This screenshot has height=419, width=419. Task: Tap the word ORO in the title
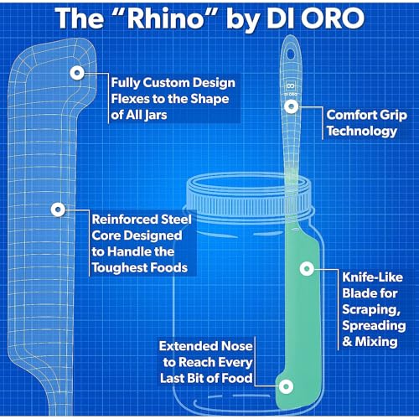pos(333,18)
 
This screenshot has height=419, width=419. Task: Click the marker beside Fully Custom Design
pos(77,73)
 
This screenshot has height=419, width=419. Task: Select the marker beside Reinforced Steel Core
pos(58,209)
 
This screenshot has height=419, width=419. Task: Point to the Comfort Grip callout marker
pos(292,106)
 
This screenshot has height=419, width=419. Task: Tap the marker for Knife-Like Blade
pos(307,269)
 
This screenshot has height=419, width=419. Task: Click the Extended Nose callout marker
pos(286,386)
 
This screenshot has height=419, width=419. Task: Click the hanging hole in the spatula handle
pos(291,54)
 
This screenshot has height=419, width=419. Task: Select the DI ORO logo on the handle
pos(291,89)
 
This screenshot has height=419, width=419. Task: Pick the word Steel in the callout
pos(176,220)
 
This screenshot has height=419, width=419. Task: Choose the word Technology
pos(362,132)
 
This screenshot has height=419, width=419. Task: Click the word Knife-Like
pos(373,277)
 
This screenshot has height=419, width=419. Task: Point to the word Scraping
pos(371,310)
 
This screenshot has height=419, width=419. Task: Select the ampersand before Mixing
pos(347,342)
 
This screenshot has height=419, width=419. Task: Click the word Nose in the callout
pos(237,346)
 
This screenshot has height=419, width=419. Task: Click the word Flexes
pos(129,99)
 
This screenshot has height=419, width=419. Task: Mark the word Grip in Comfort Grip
pos(394,116)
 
